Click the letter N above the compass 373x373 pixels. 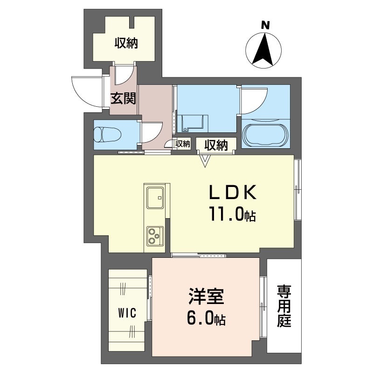pos(265,25)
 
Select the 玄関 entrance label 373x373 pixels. pos(123,98)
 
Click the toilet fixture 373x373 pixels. pos(107,135)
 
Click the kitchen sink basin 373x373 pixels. pos(155,198)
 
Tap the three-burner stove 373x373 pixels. pos(155,236)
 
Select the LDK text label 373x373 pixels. pos(233,192)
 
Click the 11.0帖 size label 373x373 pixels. pos(232,214)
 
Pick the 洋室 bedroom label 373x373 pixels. pos(206,297)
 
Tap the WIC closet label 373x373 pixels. pos(127,313)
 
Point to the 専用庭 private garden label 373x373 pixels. pos(284,306)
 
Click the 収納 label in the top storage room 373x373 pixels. pos(126,43)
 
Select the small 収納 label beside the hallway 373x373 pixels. pos(183,144)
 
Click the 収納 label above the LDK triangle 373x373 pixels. pos(216,145)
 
